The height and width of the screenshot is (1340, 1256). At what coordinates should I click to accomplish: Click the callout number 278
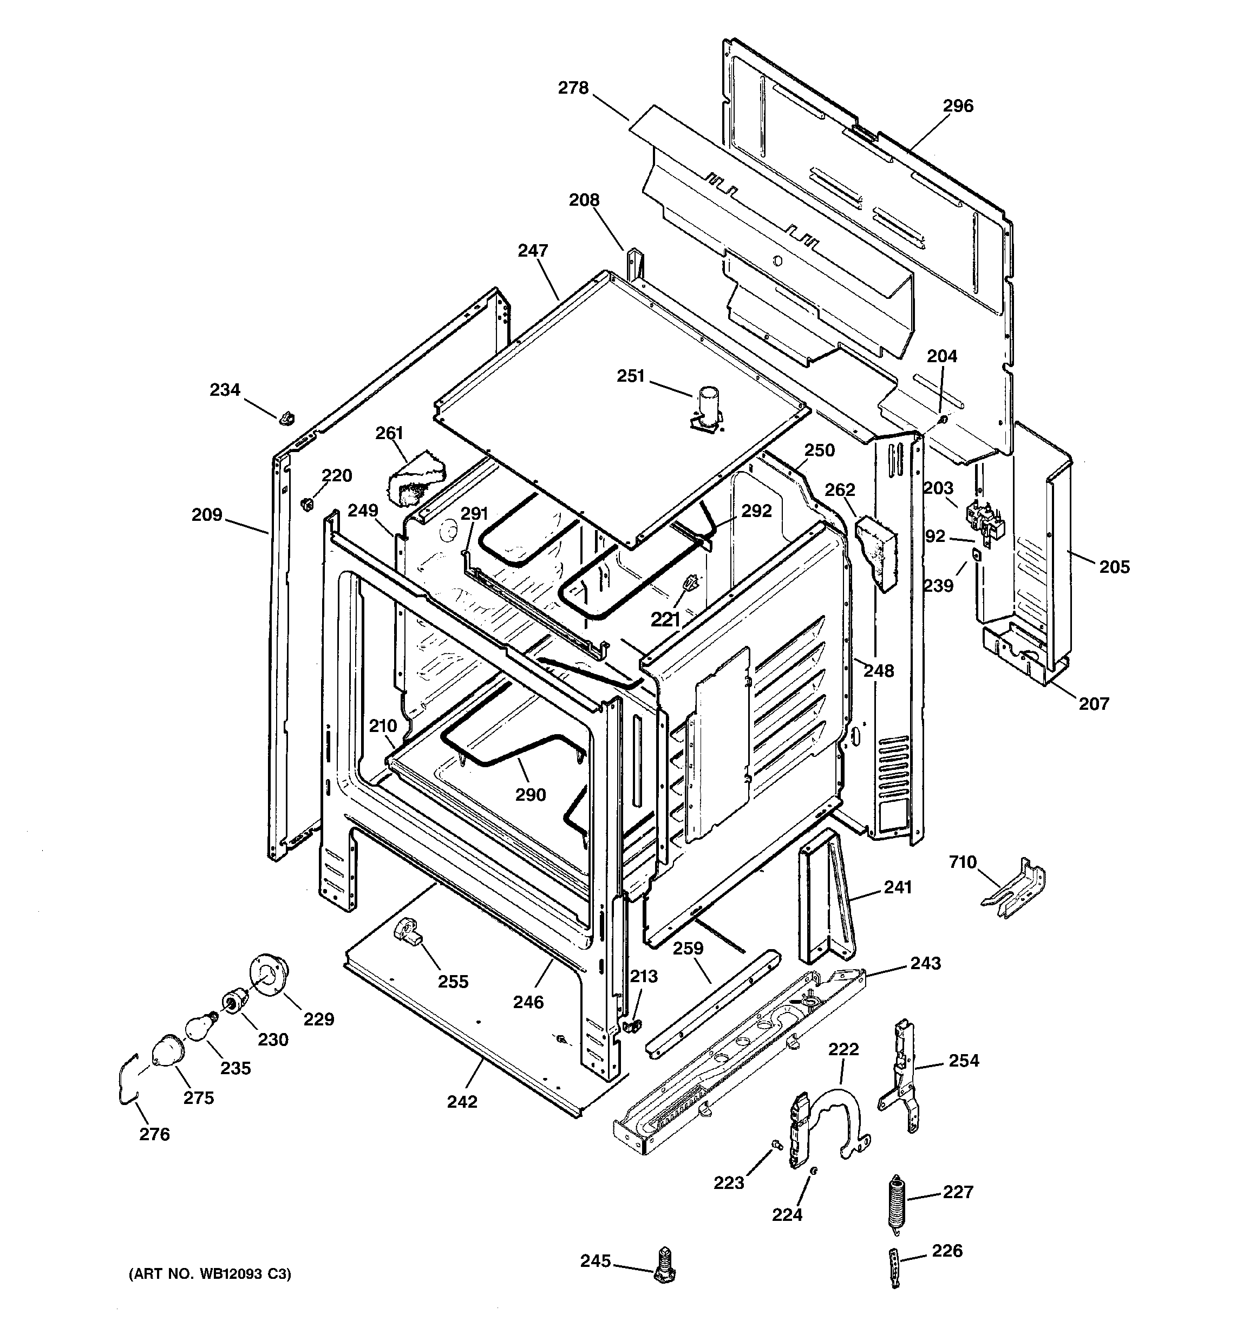(x=573, y=88)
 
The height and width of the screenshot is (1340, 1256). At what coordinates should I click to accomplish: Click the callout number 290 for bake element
(x=530, y=795)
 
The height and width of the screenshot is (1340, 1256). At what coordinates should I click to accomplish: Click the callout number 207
(x=1093, y=704)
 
